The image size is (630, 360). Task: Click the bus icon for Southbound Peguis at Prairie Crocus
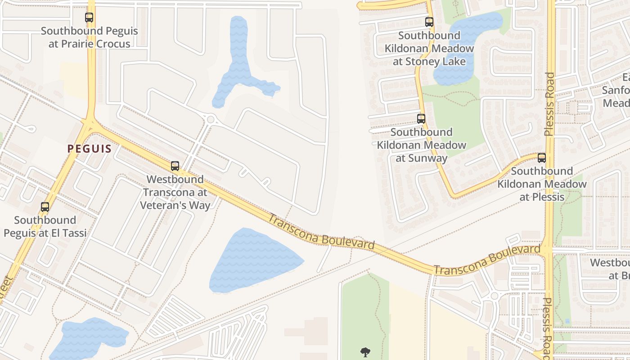tap(89, 18)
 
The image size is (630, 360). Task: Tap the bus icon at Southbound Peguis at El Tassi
tap(45, 207)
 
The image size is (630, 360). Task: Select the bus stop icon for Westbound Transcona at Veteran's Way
tap(175, 166)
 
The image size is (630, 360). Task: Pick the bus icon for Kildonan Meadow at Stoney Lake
tap(429, 22)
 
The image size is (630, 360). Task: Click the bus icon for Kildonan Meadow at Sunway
tap(421, 119)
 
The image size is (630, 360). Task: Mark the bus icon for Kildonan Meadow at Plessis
tap(542, 158)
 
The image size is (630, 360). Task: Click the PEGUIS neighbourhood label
tap(89, 148)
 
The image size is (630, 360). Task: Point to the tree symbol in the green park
tap(365, 352)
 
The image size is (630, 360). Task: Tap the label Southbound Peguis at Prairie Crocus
tap(89, 37)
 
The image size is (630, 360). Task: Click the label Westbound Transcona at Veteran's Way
tap(175, 192)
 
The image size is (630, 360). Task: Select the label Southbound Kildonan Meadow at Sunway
tap(421, 145)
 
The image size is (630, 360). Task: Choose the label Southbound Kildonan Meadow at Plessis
tap(542, 184)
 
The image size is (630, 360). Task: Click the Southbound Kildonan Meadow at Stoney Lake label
tap(429, 48)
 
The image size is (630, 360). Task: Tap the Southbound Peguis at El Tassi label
tap(45, 226)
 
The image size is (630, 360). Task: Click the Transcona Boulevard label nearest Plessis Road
tap(487, 260)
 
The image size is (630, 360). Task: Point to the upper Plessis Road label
tap(549, 104)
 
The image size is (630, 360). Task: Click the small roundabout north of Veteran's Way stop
tap(211, 119)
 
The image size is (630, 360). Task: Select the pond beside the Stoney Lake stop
tap(468, 45)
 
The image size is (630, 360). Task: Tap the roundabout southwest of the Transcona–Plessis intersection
tap(494, 296)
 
